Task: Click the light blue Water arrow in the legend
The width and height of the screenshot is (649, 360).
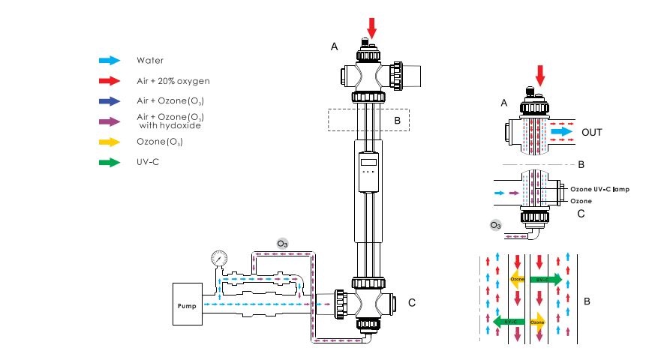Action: (x=110, y=60)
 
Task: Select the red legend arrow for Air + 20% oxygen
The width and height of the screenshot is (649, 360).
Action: (x=110, y=80)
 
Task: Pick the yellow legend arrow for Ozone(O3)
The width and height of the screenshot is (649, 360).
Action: (x=110, y=141)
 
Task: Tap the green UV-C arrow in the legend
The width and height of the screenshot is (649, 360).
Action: (x=110, y=161)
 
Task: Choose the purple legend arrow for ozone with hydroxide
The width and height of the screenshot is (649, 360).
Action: (x=110, y=121)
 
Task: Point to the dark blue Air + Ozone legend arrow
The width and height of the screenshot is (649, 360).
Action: (x=110, y=100)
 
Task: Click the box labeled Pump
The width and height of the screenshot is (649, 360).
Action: (x=187, y=304)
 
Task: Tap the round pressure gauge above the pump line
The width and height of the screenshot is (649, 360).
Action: (x=219, y=258)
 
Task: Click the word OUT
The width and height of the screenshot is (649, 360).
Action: (x=591, y=130)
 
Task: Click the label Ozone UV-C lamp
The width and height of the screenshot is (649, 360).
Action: (x=599, y=189)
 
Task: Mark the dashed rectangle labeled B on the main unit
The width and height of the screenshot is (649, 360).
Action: (x=368, y=119)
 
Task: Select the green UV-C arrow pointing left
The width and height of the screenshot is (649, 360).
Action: (x=508, y=321)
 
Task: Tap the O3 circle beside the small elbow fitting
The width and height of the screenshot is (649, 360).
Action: (x=494, y=224)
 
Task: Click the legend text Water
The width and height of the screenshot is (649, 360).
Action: (x=150, y=60)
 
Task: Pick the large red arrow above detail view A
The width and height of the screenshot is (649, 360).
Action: (x=539, y=75)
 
